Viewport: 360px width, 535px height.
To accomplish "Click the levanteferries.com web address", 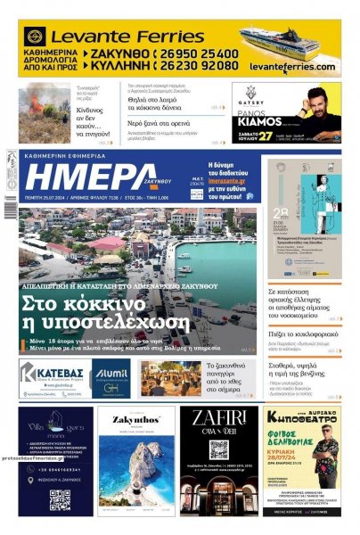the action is pos(291,67).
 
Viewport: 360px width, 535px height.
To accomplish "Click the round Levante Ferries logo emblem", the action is pos(35,37).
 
